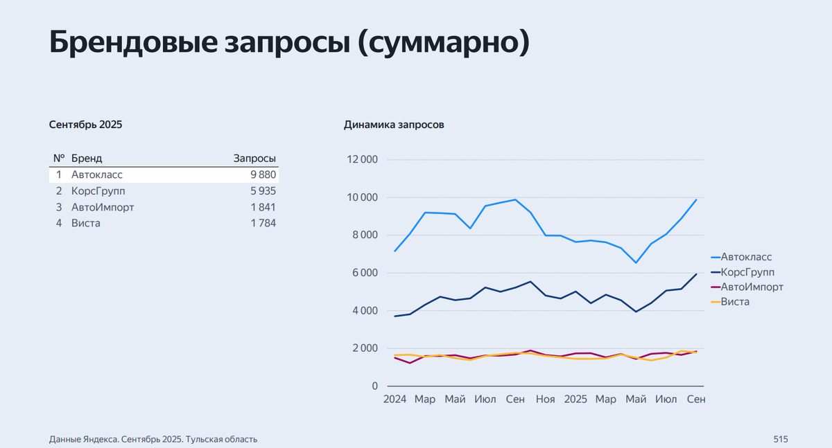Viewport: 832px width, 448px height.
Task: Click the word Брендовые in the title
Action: click(x=135, y=43)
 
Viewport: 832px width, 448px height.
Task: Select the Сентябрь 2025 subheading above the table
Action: click(x=85, y=125)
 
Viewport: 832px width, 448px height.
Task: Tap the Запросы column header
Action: click(x=254, y=159)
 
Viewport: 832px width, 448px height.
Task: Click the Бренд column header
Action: click(x=87, y=159)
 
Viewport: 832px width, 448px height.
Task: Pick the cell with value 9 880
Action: click(x=263, y=174)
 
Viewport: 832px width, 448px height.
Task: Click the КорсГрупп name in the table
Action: click(x=98, y=191)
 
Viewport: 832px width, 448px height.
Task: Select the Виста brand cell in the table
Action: click(x=86, y=223)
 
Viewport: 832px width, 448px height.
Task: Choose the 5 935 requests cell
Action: click(x=263, y=191)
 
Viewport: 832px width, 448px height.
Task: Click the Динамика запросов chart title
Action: click(x=394, y=125)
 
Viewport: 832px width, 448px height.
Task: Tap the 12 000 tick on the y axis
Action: click(x=362, y=160)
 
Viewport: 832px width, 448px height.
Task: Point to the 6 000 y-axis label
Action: click(x=365, y=273)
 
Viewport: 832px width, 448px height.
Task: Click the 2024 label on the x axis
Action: click(x=395, y=400)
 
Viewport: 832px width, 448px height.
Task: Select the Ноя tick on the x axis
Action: click(x=546, y=400)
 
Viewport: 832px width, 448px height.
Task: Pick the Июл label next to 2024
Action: click(x=485, y=400)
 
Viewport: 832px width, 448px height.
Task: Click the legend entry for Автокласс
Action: click(x=746, y=257)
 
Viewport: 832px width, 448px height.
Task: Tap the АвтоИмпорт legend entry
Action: click(x=752, y=287)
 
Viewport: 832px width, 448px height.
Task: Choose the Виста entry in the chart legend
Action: click(x=735, y=302)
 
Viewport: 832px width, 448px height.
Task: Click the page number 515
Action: click(x=781, y=439)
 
